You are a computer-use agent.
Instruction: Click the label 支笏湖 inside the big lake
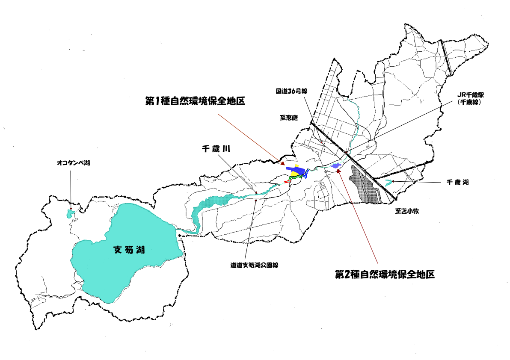(x=129, y=250)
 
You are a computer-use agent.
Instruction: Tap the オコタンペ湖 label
(x=74, y=163)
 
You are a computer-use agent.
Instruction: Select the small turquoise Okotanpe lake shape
(x=71, y=213)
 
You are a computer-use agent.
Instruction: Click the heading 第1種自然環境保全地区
(x=195, y=101)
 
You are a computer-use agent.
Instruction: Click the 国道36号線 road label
(x=292, y=91)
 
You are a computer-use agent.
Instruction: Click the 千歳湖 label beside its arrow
(x=457, y=182)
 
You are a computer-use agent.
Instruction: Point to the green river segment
(x=294, y=177)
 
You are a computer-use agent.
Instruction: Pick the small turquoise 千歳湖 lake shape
(x=388, y=183)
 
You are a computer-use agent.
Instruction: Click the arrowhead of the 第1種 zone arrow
(x=283, y=163)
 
